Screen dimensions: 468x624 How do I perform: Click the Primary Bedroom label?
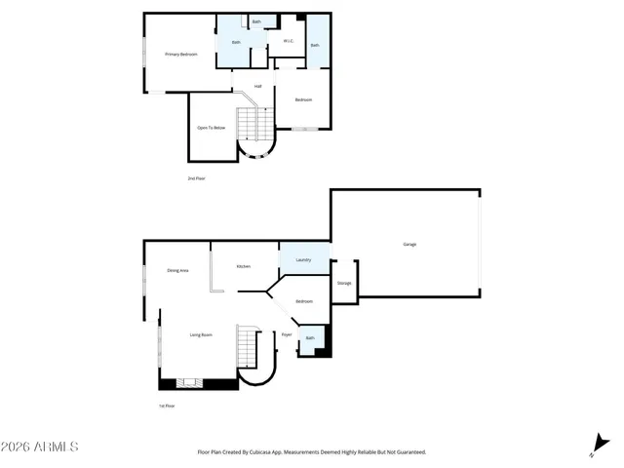point(181,55)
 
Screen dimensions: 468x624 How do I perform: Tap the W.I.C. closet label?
point(289,41)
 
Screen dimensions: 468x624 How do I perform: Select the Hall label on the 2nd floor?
point(258,87)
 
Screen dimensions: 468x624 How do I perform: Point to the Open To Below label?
point(212,128)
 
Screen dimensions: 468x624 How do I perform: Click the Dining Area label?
point(177,270)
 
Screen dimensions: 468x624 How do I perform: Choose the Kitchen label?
point(244,267)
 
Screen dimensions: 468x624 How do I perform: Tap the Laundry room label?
point(303,259)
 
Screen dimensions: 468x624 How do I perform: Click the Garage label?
point(409,244)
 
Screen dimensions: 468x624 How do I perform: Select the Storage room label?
point(344,283)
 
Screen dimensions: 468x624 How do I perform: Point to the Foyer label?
point(287,334)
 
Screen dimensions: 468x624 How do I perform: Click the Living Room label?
point(201,334)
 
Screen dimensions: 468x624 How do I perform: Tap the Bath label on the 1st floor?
point(310,338)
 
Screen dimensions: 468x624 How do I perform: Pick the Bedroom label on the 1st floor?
point(304,301)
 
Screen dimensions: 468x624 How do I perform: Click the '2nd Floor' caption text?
point(197,178)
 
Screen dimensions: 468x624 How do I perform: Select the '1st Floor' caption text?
point(168,406)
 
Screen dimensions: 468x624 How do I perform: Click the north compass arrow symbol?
point(595,447)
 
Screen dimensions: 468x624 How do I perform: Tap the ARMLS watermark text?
point(40,447)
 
